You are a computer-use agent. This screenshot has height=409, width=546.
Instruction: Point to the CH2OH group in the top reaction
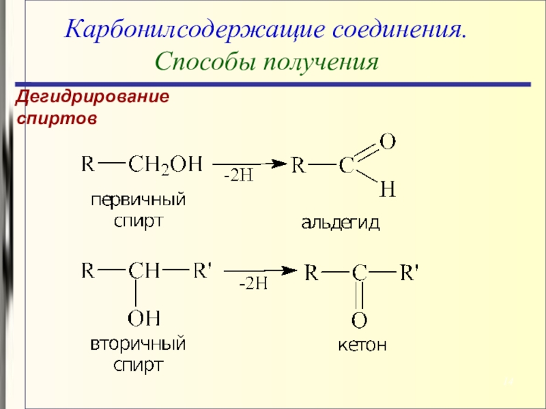165,165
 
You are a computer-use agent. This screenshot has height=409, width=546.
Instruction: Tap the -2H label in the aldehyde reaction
239,177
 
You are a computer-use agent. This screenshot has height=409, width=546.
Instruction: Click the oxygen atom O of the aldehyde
387,142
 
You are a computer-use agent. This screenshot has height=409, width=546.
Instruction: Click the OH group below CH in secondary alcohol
144,317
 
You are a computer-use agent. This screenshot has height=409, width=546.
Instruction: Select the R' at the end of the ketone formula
409,273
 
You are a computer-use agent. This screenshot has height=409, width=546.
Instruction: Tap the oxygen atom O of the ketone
360,319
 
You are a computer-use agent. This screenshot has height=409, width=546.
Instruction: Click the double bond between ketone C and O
360,295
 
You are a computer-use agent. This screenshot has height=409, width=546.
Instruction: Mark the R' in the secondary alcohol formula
203,270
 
